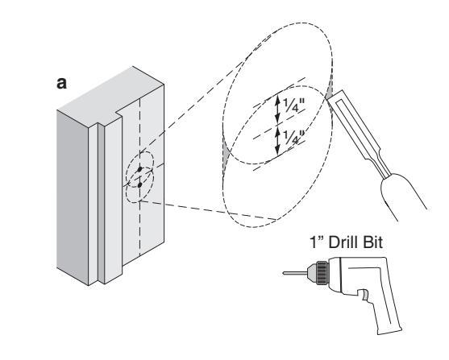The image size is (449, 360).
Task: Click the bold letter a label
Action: (61, 83)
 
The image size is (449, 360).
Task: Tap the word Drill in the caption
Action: (343, 242)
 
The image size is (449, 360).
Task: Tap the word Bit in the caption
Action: (372, 242)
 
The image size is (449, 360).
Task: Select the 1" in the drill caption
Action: (317, 242)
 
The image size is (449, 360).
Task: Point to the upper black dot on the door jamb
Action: (139, 169)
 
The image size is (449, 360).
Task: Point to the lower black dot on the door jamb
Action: (139, 185)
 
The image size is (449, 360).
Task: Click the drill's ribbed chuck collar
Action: (322, 273)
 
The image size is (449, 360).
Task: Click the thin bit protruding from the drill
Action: (295, 273)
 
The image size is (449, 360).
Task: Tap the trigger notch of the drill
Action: (364, 296)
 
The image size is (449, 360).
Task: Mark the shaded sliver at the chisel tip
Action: (330, 88)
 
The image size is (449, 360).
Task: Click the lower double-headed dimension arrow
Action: (277, 140)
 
